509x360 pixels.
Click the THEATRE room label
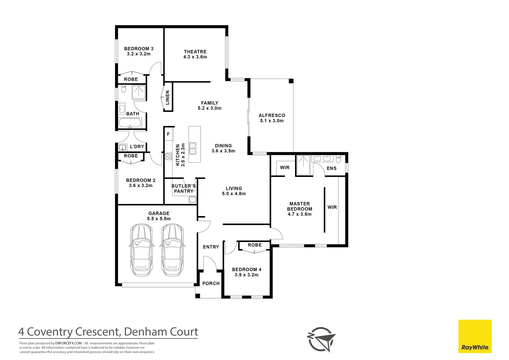click(195, 52)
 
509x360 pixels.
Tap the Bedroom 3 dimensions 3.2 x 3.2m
click(139, 54)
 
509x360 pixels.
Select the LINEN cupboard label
click(167, 97)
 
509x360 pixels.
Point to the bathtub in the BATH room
click(130, 123)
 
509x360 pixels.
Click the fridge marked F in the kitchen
click(168, 134)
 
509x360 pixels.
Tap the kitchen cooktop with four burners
click(168, 156)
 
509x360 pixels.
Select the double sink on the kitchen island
click(193, 148)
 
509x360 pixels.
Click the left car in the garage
click(142, 250)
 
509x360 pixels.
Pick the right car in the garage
click(172, 250)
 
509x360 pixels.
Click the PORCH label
click(211, 283)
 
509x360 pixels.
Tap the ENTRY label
click(211, 247)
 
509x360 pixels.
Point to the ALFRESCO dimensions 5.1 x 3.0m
click(272, 121)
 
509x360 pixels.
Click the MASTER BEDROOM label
click(300, 206)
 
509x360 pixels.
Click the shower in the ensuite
click(303, 165)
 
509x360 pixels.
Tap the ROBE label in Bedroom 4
click(255, 245)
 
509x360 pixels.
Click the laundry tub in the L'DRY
click(123, 147)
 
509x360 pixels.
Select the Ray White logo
click(475, 336)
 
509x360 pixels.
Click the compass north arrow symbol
click(321, 339)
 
